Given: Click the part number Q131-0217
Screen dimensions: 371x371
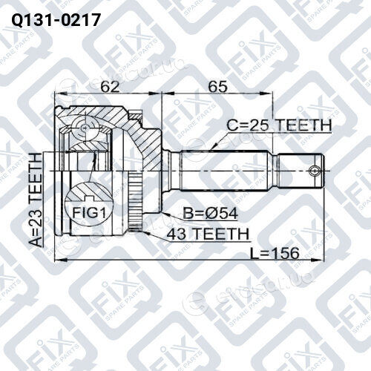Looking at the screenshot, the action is (x=56, y=19).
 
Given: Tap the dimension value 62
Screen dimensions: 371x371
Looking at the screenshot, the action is (x=110, y=86).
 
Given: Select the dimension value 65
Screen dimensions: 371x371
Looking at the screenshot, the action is (x=217, y=86).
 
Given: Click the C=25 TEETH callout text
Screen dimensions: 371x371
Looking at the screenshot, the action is (x=280, y=125).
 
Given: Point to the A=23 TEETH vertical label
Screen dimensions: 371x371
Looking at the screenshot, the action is (x=36, y=200).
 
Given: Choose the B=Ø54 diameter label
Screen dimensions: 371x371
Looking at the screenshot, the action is (x=211, y=213).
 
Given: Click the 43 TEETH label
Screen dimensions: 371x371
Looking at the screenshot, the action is (x=207, y=234).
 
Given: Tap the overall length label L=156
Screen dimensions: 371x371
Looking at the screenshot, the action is (x=275, y=253).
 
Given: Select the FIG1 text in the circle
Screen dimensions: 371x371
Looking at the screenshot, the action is (x=89, y=213).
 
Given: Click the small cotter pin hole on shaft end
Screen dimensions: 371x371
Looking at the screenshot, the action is (x=314, y=171).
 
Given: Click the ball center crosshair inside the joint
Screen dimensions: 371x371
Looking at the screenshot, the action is (x=85, y=128).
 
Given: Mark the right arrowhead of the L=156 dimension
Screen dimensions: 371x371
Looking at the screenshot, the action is (x=321, y=260).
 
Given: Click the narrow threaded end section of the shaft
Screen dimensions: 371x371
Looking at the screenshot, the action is (x=301, y=171).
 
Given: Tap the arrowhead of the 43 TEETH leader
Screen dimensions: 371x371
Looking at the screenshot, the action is (x=143, y=232).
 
